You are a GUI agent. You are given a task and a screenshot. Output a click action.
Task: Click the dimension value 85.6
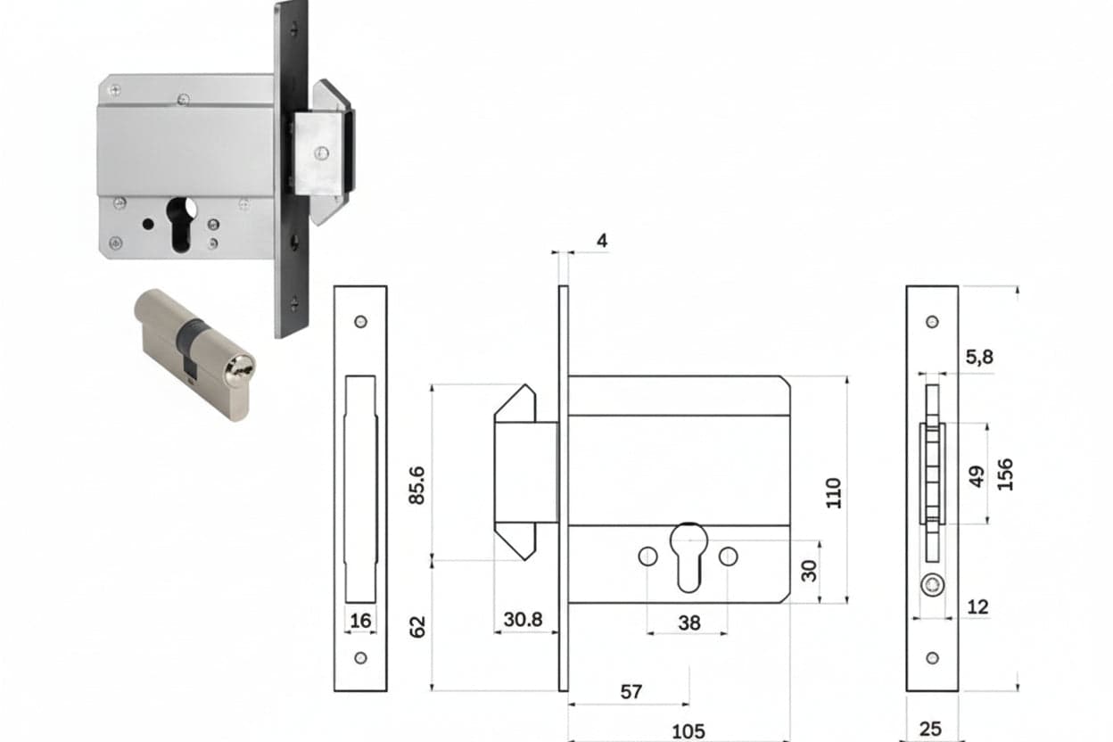[x=417, y=485]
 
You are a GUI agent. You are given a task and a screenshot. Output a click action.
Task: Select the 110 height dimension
[x=834, y=493]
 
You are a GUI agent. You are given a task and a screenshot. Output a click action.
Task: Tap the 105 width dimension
[x=688, y=731]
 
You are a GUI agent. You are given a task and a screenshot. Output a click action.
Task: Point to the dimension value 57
[x=631, y=691]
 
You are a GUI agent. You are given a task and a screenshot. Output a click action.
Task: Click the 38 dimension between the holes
[x=689, y=622]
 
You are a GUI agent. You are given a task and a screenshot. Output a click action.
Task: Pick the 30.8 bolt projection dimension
[x=523, y=619]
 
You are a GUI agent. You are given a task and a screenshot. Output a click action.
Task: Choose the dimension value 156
[x=1005, y=474]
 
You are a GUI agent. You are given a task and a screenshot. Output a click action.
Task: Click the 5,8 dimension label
[x=979, y=357]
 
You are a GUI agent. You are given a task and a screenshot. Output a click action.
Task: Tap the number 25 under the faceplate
[x=930, y=730]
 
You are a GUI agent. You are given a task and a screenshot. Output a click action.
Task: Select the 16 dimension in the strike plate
[x=360, y=621]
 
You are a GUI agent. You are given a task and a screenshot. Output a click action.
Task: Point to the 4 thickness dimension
[x=602, y=241]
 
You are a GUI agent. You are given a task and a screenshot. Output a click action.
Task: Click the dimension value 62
[x=417, y=627]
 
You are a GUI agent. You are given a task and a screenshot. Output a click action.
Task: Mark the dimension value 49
[x=977, y=476]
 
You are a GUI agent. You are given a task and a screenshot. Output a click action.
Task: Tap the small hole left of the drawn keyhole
[x=647, y=556]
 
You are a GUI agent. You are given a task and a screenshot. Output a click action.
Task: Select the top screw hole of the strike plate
[x=360, y=322]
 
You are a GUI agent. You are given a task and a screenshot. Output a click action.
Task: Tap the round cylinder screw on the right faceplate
[x=932, y=585]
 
